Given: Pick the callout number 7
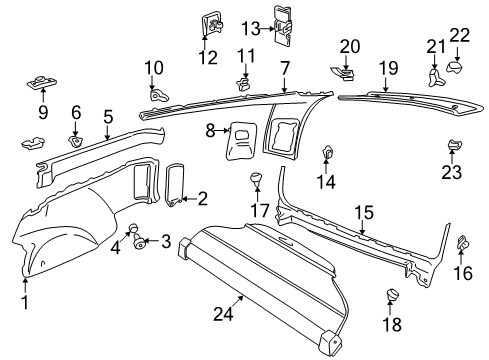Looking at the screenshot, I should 285,67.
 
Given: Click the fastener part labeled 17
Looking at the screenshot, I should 256,182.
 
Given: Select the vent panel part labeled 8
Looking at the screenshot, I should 241,139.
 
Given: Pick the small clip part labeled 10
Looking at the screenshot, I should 157,94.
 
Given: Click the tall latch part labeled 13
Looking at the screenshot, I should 286,26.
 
